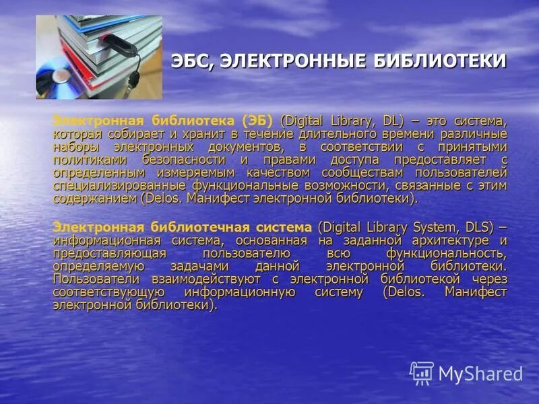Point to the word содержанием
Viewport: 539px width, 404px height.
pos(95,199)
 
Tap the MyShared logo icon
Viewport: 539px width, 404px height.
pos(422,372)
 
